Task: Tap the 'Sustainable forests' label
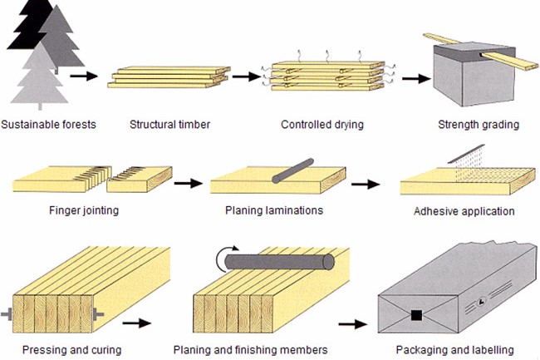[49, 126]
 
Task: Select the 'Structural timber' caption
[169, 126]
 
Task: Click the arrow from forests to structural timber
[81, 77]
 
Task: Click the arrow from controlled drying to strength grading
[411, 78]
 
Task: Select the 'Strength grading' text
[478, 126]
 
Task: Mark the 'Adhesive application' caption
[464, 211]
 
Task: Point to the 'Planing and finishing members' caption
[249, 349]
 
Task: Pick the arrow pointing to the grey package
[355, 323]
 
